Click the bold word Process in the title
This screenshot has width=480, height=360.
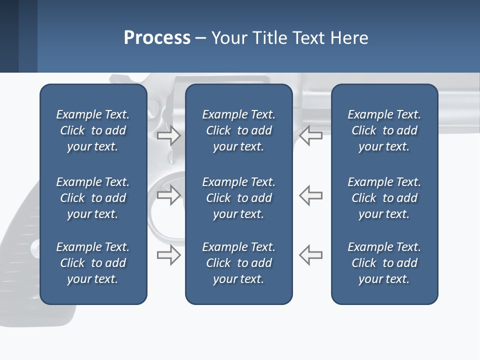[x=157, y=38]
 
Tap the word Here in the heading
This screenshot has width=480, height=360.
[x=349, y=38]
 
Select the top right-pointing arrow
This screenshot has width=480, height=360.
[x=168, y=135]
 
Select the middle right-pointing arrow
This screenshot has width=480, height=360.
[x=168, y=195]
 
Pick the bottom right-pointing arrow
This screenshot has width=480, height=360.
[x=168, y=255]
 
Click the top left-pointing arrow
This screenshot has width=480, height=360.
[x=310, y=135]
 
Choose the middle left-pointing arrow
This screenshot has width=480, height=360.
[x=310, y=195]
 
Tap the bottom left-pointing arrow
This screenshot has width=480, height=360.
[x=310, y=255]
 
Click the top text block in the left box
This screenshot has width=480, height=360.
[x=93, y=130]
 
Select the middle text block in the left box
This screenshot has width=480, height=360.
[x=93, y=198]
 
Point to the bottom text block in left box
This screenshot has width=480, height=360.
[x=93, y=263]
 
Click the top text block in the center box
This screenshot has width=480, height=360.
[x=238, y=130]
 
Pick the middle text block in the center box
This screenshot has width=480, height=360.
[x=238, y=198]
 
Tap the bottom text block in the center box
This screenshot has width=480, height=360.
[x=238, y=263]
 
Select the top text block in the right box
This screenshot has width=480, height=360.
[x=384, y=130]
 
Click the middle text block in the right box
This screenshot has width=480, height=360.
[x=384, y=198]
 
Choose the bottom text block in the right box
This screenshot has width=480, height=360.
[x=384, y=263]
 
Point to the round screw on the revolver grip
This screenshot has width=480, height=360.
[x=35, y=248]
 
